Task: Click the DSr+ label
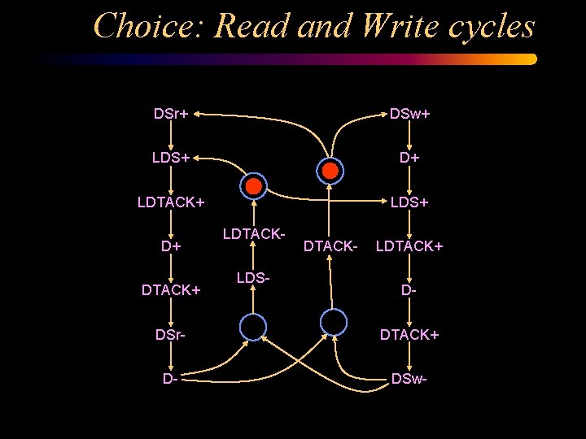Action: (171, 113)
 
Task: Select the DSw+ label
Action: (409, 113)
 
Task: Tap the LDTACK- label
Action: (253, 235)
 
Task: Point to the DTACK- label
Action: (330, 245)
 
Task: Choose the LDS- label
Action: (253, 278)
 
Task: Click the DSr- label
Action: (171, 333)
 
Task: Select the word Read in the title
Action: (251, 26)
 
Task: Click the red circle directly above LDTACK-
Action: (254, 186)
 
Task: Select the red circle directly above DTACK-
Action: (330, 170)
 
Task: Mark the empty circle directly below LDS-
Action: (253, 327)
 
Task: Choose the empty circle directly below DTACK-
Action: (334, 322)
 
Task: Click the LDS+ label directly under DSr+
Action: (171, 157)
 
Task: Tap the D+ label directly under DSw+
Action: (409, 157)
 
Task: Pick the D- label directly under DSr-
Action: (171, 378)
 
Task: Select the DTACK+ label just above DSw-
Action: (409, 333)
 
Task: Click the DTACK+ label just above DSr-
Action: (171, 289)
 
